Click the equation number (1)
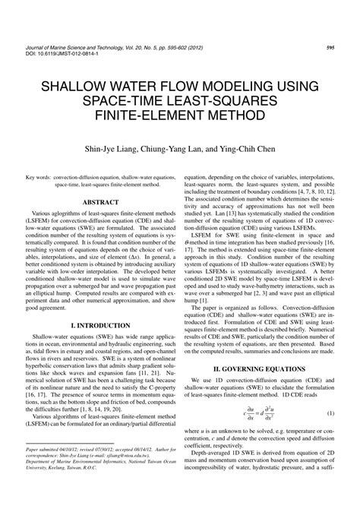point(331,434)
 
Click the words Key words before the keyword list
point(37,176)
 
